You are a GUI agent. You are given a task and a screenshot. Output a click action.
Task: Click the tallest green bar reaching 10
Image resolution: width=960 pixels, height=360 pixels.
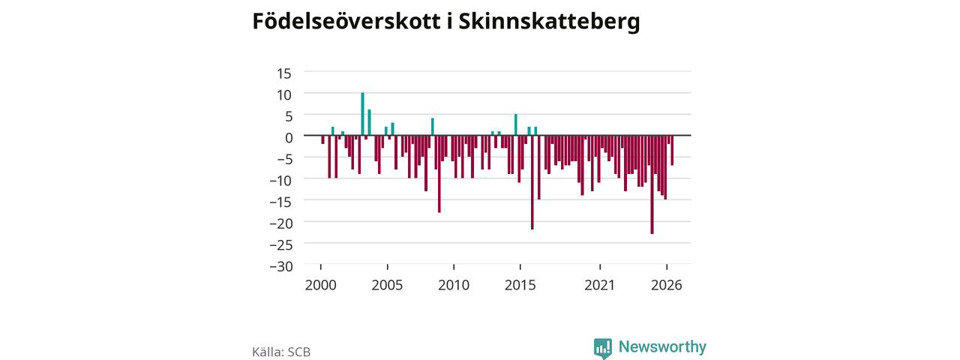click(362, 114)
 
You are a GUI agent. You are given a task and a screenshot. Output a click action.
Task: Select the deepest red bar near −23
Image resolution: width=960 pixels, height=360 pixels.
click(652, 184)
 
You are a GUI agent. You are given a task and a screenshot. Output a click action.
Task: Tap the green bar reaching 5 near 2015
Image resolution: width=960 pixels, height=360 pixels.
click(515, 124)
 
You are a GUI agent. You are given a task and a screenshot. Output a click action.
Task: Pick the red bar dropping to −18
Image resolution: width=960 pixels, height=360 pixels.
click(439, 174)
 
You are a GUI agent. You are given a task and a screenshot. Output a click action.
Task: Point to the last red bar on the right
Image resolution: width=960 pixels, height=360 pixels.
click(672, 151)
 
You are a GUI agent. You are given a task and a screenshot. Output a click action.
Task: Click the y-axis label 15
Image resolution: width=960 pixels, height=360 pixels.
click(283, 73)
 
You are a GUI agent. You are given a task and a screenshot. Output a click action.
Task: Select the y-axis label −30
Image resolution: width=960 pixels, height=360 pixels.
click(281, 266)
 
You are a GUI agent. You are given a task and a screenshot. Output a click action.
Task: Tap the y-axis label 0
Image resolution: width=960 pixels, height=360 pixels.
click(289, 137)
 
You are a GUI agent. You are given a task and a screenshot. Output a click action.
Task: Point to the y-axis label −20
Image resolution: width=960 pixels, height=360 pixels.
click(281, 223)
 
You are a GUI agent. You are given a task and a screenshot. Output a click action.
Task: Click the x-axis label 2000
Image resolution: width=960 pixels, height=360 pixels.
click(320, 285)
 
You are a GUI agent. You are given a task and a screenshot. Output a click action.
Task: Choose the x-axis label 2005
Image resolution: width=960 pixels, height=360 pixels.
click(387, 285)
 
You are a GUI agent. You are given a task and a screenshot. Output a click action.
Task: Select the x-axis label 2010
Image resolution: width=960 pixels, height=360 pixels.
click(454, 285)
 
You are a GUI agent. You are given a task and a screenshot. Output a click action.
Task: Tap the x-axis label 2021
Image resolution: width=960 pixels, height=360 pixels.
click(599, 285)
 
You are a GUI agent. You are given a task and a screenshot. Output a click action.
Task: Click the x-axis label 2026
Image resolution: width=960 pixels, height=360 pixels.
click(667, 285)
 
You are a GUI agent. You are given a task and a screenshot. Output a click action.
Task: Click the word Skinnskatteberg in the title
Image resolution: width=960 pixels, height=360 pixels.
click(549, 22)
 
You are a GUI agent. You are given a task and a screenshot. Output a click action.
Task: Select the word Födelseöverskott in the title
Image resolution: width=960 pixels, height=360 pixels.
click(346, 20)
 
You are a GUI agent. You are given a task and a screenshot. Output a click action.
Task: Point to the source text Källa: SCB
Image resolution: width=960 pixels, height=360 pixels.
click(281, 352)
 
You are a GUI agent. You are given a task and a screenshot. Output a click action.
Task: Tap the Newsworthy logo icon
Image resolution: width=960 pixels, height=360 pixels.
click(602, 349)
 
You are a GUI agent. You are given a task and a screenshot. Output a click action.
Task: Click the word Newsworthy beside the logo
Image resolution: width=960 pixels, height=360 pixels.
click(662, 346)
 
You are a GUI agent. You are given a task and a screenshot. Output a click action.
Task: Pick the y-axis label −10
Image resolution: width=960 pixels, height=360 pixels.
click(281, 181)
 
